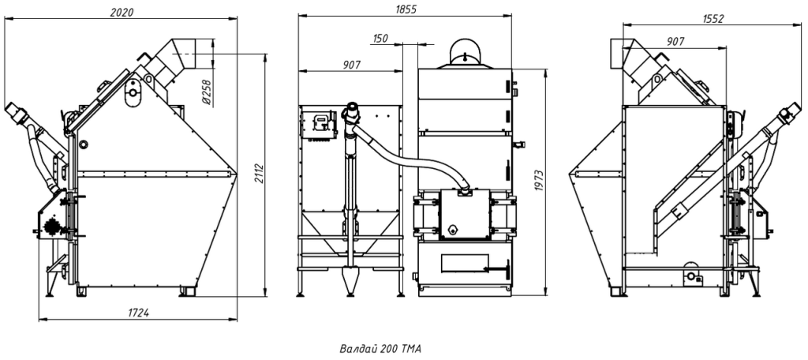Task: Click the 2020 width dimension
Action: [x=122, y=13]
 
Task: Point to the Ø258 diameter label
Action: [x=207, y=94]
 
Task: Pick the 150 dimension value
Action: [x=381, y=38]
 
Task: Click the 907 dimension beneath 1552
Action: [x=675, y=41]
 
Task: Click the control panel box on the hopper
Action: [x=320, y=125]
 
